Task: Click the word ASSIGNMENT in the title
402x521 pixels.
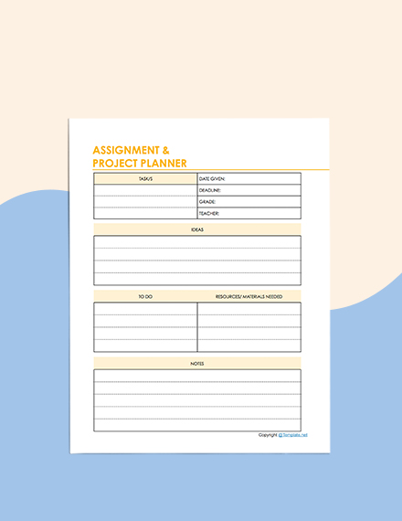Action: (x=125, y=150)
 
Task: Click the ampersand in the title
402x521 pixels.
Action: (x=164, y=150)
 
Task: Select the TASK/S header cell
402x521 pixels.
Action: (x=145, y=178)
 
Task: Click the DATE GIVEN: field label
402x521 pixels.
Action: (x=212, y=178)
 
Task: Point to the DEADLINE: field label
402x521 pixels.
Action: (x=211, y=190)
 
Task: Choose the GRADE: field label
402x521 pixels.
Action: (x=207, y=201)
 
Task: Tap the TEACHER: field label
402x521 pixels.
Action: (x=209, y=213)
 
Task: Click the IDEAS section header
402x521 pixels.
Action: (x=197, y=229)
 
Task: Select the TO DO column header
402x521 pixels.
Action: (x=145, y=296)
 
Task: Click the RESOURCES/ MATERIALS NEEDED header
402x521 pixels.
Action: (x=249, y=296)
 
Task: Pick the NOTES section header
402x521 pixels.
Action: (x=197, y=363)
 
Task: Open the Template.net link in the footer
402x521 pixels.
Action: (x=294, y=435)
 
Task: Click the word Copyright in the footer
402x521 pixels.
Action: (x=268, y=435)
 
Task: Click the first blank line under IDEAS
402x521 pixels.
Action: (x=197, y=242)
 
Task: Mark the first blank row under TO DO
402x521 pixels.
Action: (x=145, y=309)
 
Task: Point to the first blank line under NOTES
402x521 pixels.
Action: (x=197, y=376)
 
